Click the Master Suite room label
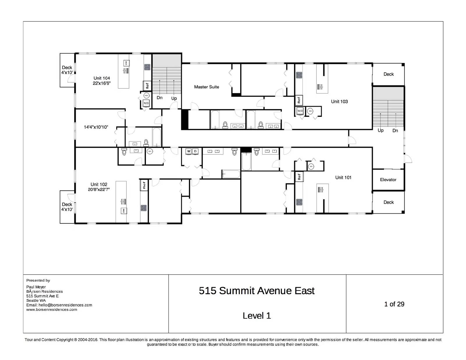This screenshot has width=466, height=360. coord(206,87)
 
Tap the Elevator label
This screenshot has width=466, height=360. coord(388,180)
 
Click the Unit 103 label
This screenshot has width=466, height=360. coord(339,101)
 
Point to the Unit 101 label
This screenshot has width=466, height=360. coord(343,177)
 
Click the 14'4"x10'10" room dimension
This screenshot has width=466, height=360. coord(96,127)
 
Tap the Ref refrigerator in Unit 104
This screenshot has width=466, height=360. coord(147,86)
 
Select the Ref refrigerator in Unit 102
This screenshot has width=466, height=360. coord(144,185)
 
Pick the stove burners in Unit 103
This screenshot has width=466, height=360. coord(299,75)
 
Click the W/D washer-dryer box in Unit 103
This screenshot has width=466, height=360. coord(300,111)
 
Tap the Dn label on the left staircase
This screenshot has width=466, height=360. coord(159,98)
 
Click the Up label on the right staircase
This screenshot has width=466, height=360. coord(380,130)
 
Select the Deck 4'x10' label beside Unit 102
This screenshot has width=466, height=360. coord(67,207)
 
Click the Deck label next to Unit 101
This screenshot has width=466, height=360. coord(389,202)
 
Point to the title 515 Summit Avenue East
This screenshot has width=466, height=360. coord(257,291)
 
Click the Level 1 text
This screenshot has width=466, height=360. coord(257,315)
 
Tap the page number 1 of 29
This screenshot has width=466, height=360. coord(394,304)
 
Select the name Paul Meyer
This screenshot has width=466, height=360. coord(36,287)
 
